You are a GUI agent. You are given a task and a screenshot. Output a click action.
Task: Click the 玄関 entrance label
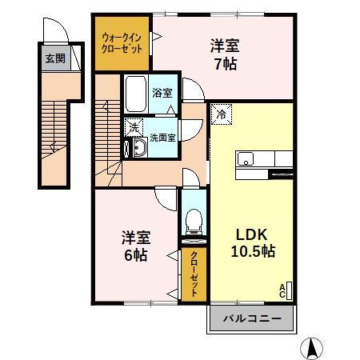click(55, 58)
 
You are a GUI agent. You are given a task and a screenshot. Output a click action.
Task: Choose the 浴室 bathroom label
click(162, 93)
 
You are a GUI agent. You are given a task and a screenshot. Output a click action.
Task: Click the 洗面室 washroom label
click(163, 136)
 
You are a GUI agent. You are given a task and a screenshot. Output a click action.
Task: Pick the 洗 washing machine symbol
click(134, 127)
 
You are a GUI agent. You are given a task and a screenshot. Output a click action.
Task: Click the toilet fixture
click(192, 219)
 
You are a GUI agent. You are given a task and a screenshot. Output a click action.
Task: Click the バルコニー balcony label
click(251, 319)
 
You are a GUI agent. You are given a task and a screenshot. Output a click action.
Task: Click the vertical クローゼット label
click(193, 274)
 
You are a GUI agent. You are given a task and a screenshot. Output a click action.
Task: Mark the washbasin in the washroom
click(132, 146)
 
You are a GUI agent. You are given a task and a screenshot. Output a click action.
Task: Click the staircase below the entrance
click(53, 132)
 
